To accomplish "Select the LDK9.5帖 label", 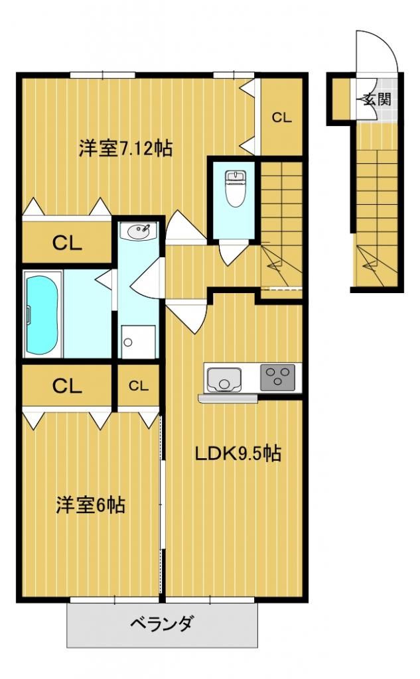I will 237,454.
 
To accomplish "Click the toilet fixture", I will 235,189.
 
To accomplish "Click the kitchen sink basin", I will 222,379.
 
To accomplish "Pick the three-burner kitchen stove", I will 279,379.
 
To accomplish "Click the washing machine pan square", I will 138,342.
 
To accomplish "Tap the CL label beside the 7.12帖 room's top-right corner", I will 281,118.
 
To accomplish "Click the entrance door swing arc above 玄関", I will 378,50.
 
